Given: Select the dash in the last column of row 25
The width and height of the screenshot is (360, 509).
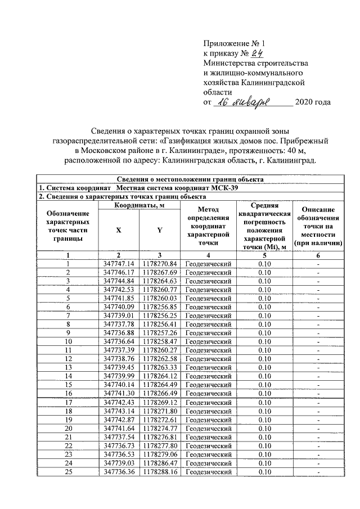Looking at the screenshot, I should point(318,472).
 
